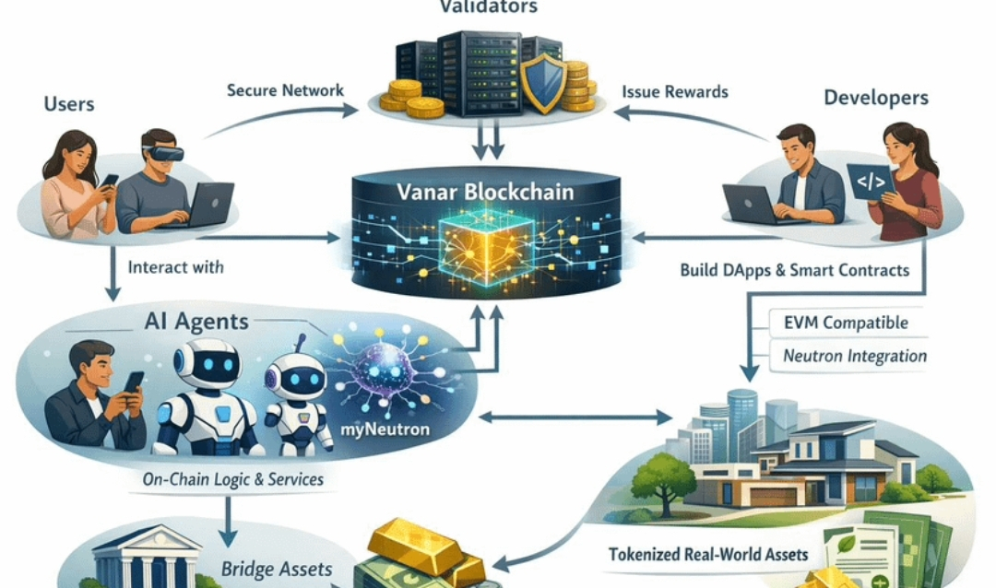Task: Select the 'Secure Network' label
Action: [x=285, y=90]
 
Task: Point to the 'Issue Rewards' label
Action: [x=674, y=91]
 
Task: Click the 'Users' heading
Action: [x=69, y=102]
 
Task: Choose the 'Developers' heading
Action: [x=875, y=97]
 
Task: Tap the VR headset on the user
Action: [x=162, y=152]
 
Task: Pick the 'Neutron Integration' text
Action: [x=854, y=355]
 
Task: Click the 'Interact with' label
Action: [x=176, y=268]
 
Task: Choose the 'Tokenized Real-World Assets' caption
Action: [x=708, y=555]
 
